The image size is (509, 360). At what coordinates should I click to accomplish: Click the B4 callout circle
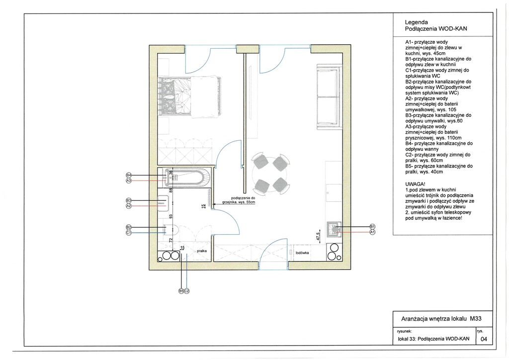tap(129, 176)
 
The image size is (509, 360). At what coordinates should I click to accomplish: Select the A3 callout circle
tap(129, 180)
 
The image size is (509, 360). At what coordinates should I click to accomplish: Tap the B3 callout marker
tap(129, 200)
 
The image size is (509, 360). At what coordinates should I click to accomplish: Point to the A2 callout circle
tap(129, 206)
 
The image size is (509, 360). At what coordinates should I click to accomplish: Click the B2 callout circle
tap(129, 227)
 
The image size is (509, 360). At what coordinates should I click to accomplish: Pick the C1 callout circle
tap(129, 232)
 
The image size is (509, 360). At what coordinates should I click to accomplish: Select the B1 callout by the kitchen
tap(372, 227)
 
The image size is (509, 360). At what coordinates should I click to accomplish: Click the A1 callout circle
tap(372, 232)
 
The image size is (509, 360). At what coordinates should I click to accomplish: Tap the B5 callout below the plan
tap(181, 291)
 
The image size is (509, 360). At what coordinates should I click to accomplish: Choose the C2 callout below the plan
tap(187, 291)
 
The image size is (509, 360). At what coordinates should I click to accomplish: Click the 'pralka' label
tap(202, 251)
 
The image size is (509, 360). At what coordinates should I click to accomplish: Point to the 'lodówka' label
tap(302, 253)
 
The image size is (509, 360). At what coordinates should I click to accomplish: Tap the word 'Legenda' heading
tap(416, 22)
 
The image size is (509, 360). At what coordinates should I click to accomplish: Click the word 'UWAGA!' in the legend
tap(415, 184)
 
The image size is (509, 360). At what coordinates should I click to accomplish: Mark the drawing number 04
tap(484, 339)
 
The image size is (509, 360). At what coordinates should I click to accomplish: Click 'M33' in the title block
tap(476, 318)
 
